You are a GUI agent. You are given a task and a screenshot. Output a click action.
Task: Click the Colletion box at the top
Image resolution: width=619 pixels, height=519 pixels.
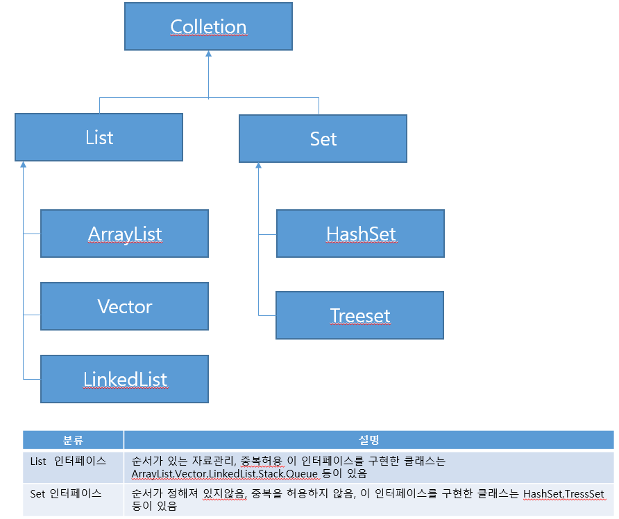click(x=208, y=27)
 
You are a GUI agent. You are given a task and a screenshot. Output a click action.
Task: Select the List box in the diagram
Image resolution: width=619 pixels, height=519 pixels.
click(x=99, y=137)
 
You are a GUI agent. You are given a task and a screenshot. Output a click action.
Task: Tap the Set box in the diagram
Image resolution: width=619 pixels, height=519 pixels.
click(x=323, y=139)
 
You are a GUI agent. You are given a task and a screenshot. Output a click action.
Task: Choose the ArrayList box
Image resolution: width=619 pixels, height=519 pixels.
click(x=124, y=234)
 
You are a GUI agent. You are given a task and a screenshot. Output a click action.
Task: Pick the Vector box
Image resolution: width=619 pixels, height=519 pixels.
click(x=124, y=306)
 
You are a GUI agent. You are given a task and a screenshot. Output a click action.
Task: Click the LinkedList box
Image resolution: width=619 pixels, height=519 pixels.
click(x=124, y=379)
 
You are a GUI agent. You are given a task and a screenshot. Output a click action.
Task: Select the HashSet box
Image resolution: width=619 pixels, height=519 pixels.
click(x=360, y=234)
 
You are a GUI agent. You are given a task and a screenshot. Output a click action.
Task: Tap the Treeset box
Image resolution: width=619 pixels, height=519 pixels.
click(x=359, y=315)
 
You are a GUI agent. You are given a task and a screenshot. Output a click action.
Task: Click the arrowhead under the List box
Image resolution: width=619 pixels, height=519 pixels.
click(x=23, y=166)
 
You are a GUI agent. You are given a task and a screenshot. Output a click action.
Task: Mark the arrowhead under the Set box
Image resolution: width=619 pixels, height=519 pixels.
click(x=258, y=166)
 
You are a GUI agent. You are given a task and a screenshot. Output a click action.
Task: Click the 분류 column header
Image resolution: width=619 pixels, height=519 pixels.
click(x=73, y=440)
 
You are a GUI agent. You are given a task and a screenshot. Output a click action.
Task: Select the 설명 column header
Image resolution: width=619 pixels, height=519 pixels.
click(x=368, y=440)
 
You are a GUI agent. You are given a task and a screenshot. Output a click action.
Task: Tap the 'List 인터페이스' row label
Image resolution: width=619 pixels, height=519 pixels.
click(x=68, y=461)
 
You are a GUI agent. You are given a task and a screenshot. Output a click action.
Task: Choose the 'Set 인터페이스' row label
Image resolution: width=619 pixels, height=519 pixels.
click(x=66, y=493)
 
